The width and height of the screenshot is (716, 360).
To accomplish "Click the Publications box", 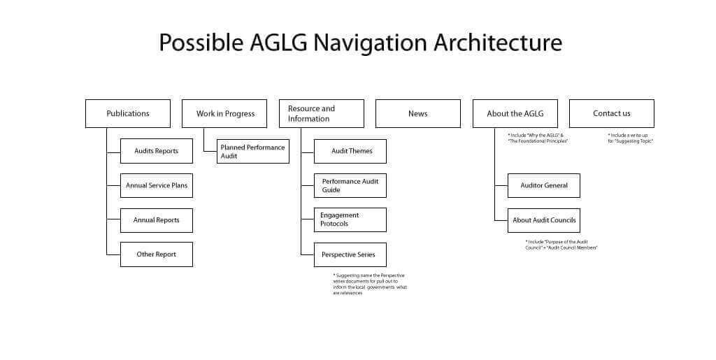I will [x=128, y=113].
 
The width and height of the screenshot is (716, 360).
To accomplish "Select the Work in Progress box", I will [x=224, y=113].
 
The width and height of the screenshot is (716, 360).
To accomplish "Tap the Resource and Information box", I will [x=322, y=113].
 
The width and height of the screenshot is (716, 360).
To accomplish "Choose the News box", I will [x=418, y=113].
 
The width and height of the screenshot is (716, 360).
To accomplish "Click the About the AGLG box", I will [x=515, y=113].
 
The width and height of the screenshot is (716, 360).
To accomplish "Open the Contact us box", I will [x=612, y=113].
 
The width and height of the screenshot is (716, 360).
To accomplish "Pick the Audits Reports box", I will [x=157, y=151].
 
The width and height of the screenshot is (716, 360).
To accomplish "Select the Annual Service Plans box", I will [x=157, y=185].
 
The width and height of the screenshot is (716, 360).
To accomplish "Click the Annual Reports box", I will [x=157, y=220].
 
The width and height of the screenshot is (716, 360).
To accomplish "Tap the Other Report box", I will [x=157, y=254].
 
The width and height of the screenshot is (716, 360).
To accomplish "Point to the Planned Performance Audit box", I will [x=253, y=152].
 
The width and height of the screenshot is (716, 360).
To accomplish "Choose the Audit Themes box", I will [x=350, y=151].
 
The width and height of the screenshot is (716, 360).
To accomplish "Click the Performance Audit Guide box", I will [x=350, y=185].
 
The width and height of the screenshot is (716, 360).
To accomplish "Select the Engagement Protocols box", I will [x=350, y=219].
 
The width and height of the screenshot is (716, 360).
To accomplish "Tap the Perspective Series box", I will [x=350, y=254].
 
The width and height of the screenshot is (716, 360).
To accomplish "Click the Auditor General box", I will [x=544, y=185].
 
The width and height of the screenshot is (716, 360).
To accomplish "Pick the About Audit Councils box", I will [x=544, y=220].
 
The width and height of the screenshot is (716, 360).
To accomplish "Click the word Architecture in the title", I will [x=498, y=43].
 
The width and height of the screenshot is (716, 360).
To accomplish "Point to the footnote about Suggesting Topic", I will [x=630, y=138].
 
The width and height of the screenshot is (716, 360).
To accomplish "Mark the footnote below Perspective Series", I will [x=369, y=284].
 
